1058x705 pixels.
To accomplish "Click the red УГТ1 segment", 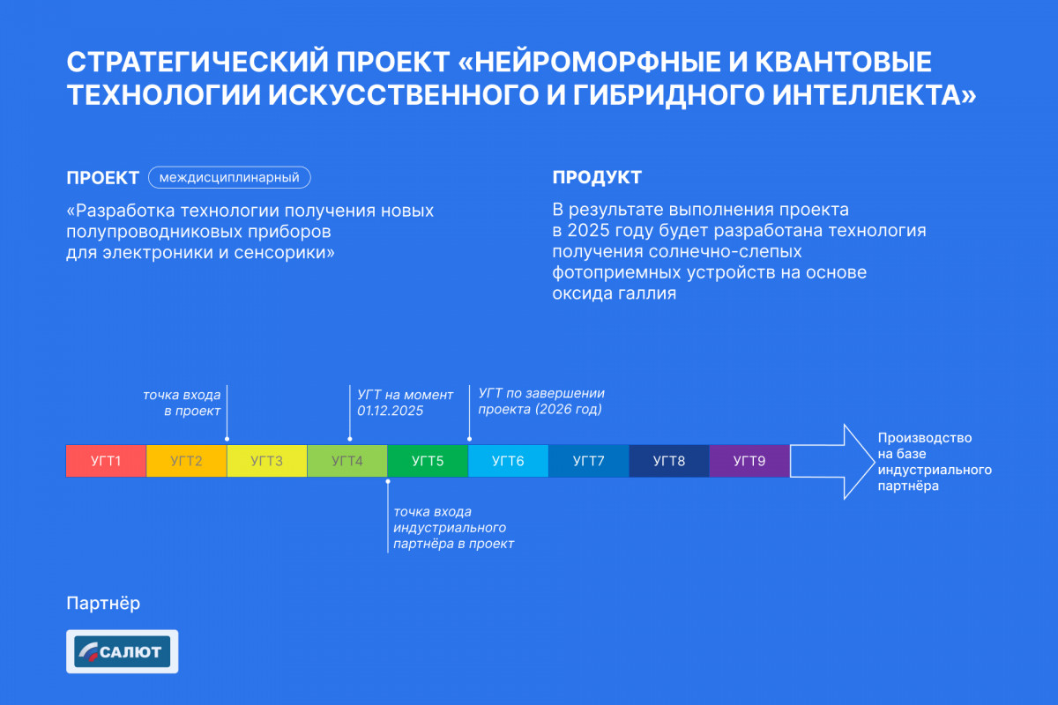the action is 107,461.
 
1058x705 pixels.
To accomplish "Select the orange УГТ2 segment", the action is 187,461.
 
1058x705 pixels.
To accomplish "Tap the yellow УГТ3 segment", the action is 267,461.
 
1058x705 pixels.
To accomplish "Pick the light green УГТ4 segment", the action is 347,461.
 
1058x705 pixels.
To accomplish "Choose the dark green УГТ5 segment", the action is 428,461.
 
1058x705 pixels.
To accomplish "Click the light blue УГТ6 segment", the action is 508,461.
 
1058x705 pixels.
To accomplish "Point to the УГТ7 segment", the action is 589,461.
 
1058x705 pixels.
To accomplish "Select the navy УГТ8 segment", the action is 669,461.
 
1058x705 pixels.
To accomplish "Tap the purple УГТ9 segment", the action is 749,461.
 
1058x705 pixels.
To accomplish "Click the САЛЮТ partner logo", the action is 123,651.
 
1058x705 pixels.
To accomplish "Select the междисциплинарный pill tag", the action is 229,177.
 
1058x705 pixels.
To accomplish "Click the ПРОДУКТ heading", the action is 597,177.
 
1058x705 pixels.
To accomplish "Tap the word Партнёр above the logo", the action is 103,604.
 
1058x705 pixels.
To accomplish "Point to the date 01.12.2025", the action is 390,411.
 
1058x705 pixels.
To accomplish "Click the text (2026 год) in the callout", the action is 568,409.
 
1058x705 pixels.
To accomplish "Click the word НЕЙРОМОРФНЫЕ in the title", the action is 597,62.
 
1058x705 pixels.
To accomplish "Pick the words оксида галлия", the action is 614,293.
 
